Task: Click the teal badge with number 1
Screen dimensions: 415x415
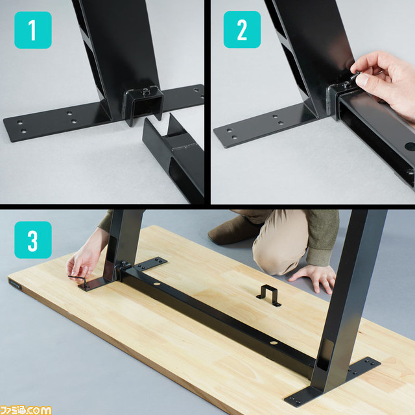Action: click(33, 30)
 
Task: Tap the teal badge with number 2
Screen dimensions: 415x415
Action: click(242, 30)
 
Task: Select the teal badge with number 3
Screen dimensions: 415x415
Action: click(33, 240)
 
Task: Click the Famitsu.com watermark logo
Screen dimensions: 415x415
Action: click(26, 410)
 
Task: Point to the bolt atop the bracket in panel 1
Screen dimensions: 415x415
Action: click(145, 91)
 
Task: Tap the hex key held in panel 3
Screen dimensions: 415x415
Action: click(79, 281)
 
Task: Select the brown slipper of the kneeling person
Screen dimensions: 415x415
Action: click(233, 230)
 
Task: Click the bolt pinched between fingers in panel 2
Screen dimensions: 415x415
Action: click(355, 75)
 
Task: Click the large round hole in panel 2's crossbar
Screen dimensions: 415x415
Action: click(410, 147)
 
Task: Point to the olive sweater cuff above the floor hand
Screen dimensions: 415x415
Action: click(321, 256)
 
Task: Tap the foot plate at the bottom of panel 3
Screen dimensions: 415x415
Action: click(332, 381)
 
